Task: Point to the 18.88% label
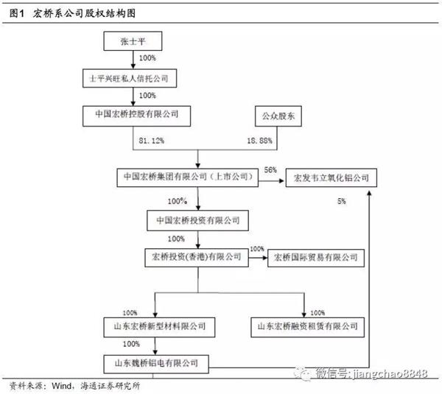pyautogui.click(x=257, y=138)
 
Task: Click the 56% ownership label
pyautogui.click(x=270, y=169)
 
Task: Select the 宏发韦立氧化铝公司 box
pyautogui.click(x=326, y=177)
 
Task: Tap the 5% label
pyautogui.click(x=341, y=200)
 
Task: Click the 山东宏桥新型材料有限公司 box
pyautogui.click(x=155, y=325)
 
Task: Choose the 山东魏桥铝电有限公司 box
pyautogui.click(x=154, y=362)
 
